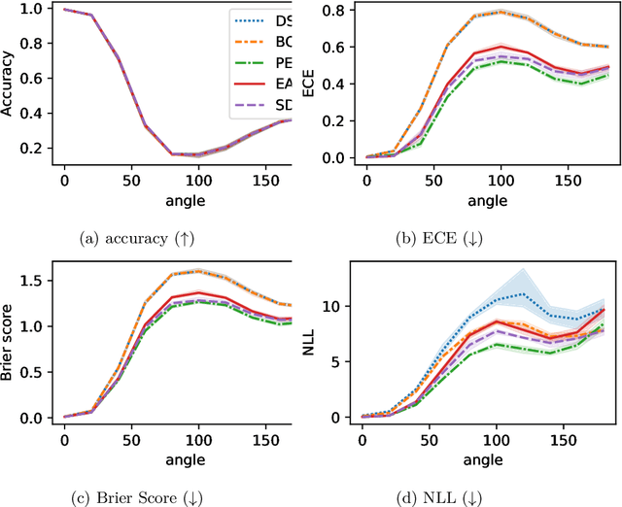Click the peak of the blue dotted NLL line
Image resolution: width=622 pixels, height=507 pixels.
[x=524, y=293]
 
